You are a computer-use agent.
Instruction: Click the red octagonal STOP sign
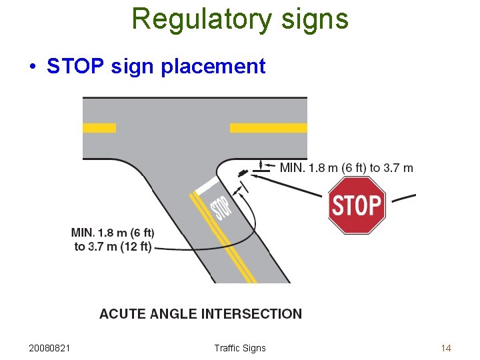357,205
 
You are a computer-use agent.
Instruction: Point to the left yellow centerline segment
99,127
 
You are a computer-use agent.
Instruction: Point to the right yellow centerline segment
268,127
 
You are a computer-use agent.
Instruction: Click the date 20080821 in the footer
51,348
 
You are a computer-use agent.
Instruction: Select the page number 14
446,348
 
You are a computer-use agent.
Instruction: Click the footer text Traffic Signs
240,348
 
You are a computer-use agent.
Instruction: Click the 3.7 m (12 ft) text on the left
113,247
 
